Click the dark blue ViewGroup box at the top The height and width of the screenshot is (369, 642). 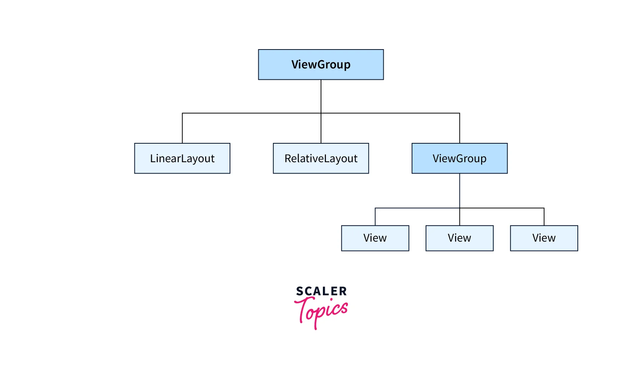(x=321, y=65)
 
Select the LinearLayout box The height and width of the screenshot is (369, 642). (x=182, y=158)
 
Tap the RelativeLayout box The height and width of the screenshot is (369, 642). (x=321, y=158)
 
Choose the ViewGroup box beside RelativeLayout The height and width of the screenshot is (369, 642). (x=459, y=158)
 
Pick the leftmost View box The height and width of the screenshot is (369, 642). (x=375, y=238)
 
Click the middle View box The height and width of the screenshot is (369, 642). (x=459, y=238)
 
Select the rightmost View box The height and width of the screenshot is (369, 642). (x=544, y=238)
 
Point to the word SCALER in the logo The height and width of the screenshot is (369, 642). (x=321, y=291)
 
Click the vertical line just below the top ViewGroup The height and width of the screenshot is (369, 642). (x=321, y=96)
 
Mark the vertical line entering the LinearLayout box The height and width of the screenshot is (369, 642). (x=182, y=129)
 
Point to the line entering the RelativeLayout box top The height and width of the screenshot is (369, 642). (x=321, y=129)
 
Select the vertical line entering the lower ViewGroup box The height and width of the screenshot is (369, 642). (x=460, y=129)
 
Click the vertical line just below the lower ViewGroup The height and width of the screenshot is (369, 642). (x=460, y=191)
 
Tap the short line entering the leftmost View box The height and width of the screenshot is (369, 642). (x=375, y=217)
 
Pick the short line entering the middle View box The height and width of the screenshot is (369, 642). (x=460, y=217)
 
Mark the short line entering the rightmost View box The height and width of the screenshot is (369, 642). (x=544, y=217)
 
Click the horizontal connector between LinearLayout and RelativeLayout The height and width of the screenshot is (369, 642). (x=252, y=113)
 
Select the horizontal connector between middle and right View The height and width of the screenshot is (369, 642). (x=502, y=208)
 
